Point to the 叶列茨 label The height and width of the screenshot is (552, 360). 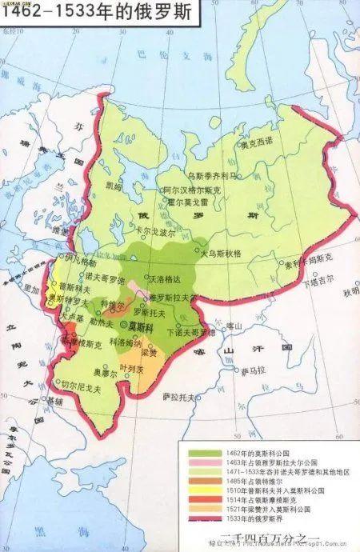click(130, 369)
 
